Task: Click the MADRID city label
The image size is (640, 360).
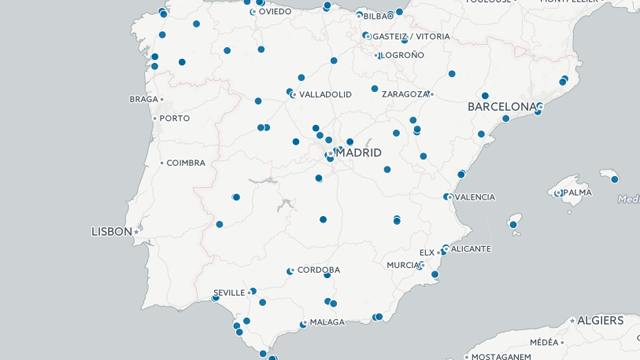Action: pos(359,153)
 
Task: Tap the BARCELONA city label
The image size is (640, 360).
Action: pos(503,106)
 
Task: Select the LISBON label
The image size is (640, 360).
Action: pos(110,231)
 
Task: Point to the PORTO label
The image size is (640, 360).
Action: pos(174,118)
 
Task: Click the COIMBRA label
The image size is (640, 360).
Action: pos(186,162)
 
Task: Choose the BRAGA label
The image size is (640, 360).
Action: pos(144,99)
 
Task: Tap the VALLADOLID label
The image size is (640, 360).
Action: pos(325,94)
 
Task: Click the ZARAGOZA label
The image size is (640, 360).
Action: pos(405,94)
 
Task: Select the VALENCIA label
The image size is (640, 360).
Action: pos(474,197)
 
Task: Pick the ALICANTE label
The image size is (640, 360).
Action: pos(471,248)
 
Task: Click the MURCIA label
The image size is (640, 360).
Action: pos(404,265)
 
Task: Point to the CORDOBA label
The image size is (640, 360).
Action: pos(318,270)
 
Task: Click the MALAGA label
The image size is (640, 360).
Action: pos(327,322)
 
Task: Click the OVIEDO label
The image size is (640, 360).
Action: pos(275,12)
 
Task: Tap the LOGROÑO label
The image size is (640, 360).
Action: pos(402,55)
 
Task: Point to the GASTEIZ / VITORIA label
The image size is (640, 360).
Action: pos(412,36)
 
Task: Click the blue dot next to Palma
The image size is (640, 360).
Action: pos(558,193)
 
